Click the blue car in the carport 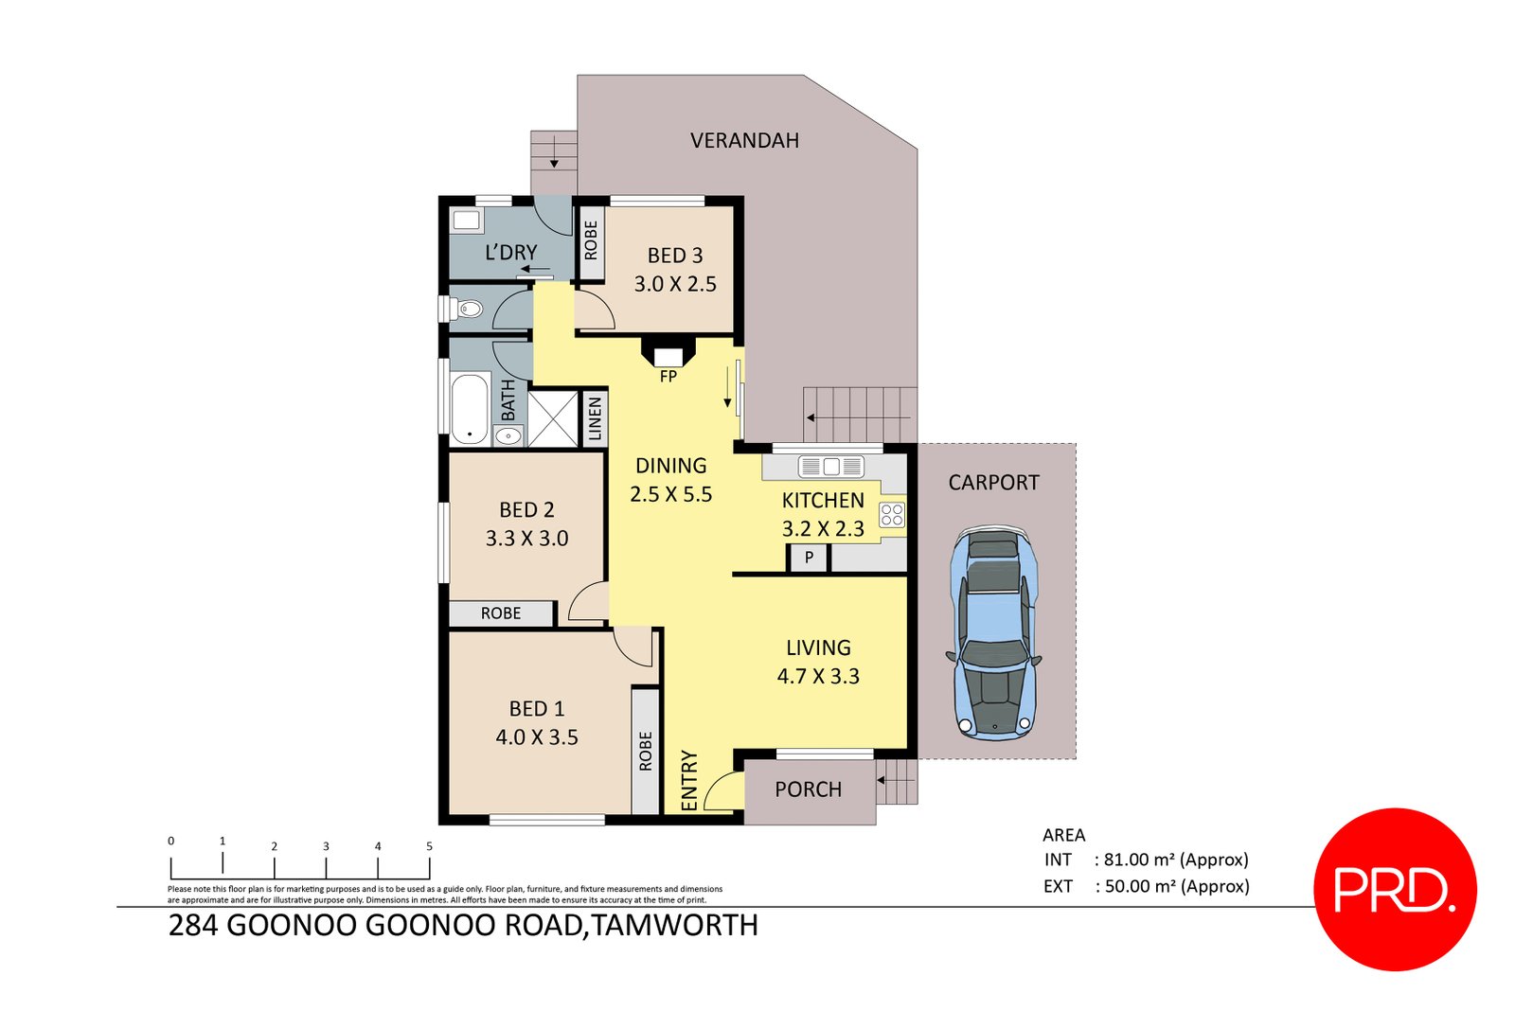993,632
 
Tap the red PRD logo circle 1395,889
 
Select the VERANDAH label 744,141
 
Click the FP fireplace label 668,377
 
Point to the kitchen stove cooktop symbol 892,515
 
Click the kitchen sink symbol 830,466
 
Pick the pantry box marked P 809,558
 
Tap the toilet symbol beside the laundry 467,309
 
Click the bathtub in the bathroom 470,408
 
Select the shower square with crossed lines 552,417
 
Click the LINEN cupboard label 595,418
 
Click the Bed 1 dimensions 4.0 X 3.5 537,737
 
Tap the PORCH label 808,789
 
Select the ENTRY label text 689,780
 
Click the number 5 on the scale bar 429,846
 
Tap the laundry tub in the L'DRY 467,221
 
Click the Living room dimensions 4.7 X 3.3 818,677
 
